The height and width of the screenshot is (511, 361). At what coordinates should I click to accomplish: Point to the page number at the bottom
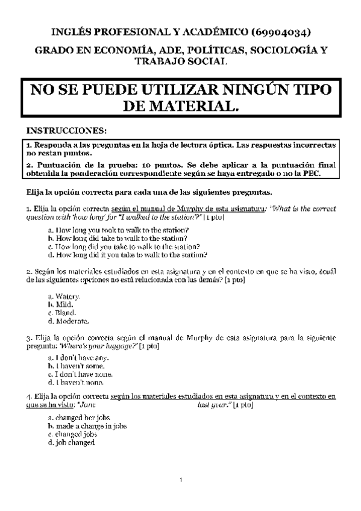pos(181,480)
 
